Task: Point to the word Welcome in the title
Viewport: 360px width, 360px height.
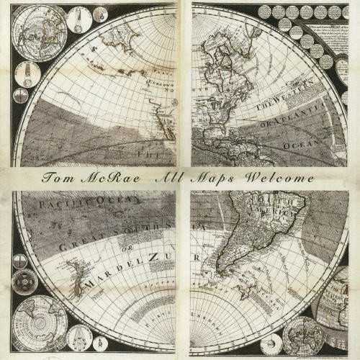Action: point(280,178)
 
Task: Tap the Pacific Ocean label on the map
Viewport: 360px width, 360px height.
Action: point(76,207)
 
